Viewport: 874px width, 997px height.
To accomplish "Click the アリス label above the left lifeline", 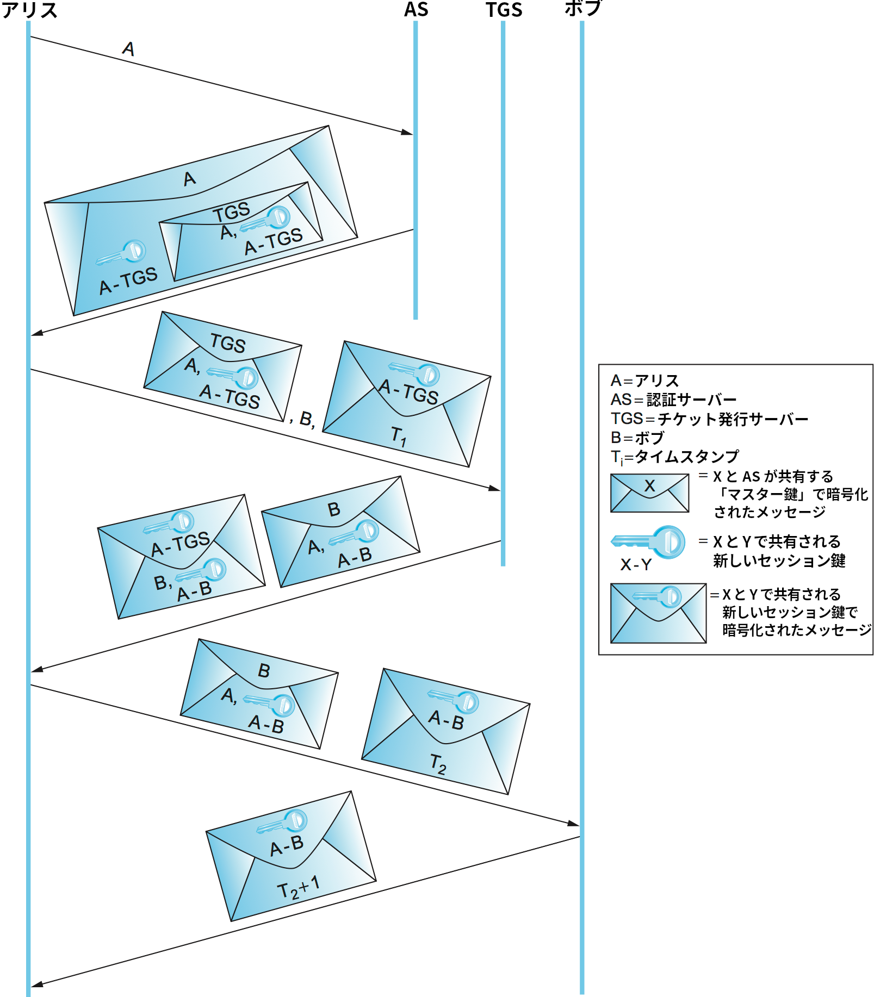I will [x=29, y=10].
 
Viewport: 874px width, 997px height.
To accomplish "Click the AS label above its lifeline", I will [x=416, y=10].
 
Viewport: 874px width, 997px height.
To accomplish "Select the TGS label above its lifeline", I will [x=504, y=10].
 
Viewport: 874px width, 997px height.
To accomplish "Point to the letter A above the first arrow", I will [x=128, y=49].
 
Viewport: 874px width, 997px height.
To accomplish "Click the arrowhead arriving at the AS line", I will [x=407, y=132].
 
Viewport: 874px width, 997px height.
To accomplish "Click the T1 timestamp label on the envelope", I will [x=399, y=435].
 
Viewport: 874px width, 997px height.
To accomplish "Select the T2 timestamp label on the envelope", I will [x=438, y=763].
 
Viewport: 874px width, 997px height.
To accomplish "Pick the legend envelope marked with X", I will [x=649, y=493].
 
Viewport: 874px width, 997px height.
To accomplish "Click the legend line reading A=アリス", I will [x=644, y=381].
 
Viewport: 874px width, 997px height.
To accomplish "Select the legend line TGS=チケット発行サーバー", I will [x=709, y=419].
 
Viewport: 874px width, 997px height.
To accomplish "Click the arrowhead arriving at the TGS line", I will [x=494, y=488].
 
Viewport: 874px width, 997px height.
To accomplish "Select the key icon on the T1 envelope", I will [x=414, y=372].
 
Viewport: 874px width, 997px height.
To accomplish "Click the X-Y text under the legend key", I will [x=636, y=565].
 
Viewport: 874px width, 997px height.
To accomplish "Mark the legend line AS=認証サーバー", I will [x=673, y=400].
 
